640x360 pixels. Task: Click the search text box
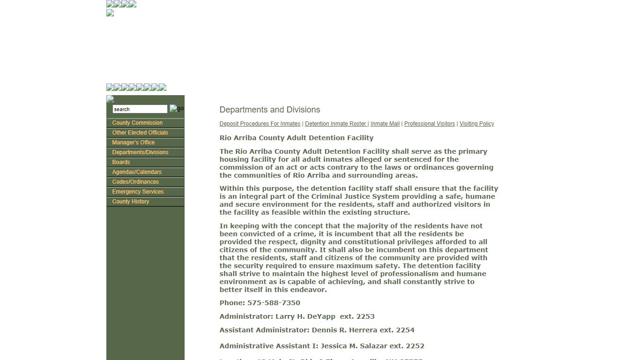pos(140,109)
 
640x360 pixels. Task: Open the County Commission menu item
pos(137,123)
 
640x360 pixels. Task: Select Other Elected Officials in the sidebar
pos(140,133)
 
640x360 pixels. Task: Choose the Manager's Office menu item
pos(133,142)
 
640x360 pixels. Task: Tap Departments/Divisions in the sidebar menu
pos(140,152)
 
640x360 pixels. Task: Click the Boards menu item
pos(121,162)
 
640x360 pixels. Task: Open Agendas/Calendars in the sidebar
pos(137,172)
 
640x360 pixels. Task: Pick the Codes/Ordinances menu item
pos(135,182)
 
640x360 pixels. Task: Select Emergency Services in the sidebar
pos(138,192)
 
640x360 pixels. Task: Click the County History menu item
pos(130,202)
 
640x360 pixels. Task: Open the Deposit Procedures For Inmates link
pos(260,124)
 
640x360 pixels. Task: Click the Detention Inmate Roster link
pos(336,124)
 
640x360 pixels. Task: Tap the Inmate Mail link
pos(385,124)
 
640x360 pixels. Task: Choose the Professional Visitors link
pos(430,124)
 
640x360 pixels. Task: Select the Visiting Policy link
pos(476,124)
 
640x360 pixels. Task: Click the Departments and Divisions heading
pos(270,110)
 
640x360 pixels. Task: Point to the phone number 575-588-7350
pos(274,303)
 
